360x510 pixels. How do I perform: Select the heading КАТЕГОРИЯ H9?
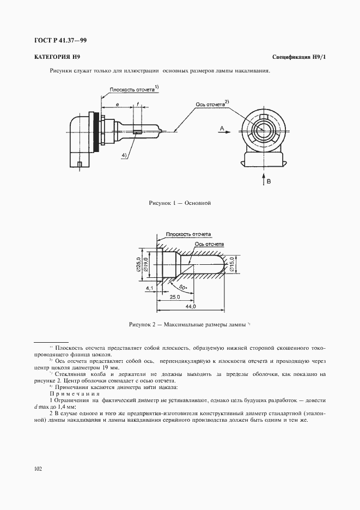pyautogui.click(x=57, y=57)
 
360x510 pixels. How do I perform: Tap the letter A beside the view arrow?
pyautogui.click(x=222, y=127)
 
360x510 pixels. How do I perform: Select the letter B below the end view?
pyautogui.click(x=269, y=181)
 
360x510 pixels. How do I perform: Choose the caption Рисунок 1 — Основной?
pyautogui.click(x=180, y=203)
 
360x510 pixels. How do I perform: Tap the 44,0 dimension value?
pyautogui.click(x=190, y=308)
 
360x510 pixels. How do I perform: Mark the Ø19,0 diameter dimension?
pyautogui.click(x=147, y=265)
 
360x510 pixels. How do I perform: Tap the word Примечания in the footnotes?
pyautogui.click(x=74, y=394)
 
